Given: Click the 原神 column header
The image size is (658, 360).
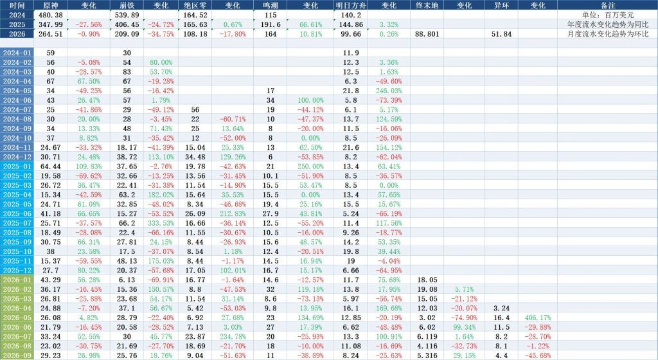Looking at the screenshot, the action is point(50,5).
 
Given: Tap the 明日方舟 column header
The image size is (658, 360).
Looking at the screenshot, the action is point(351,5).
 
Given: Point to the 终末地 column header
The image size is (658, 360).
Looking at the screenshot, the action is point(427,5).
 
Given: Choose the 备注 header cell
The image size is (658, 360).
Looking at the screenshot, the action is point(608,5).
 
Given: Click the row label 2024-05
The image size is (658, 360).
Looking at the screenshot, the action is point(17,91).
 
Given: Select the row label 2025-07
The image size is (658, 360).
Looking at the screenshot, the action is point(17,223).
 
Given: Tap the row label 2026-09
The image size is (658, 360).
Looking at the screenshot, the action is point(17,355).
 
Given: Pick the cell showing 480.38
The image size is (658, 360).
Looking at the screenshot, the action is point(50,15).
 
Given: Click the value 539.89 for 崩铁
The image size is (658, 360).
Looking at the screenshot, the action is point(127,15).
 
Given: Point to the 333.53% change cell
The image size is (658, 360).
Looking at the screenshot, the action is point(161,223).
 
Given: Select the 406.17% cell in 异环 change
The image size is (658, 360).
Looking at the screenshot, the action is point(538,318).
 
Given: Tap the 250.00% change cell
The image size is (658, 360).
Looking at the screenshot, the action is point(310,166).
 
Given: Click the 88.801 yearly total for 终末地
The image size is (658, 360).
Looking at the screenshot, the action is point(427,34).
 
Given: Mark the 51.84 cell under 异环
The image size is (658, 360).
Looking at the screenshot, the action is point(501,34).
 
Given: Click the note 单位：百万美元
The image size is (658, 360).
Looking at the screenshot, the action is point(608,15).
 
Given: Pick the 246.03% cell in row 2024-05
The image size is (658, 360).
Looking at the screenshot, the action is point(389,91).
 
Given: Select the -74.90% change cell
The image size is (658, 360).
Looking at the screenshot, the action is point(464,318).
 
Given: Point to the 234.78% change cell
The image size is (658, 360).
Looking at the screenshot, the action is point(233,336).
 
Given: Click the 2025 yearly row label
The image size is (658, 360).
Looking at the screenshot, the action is point(17,24).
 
